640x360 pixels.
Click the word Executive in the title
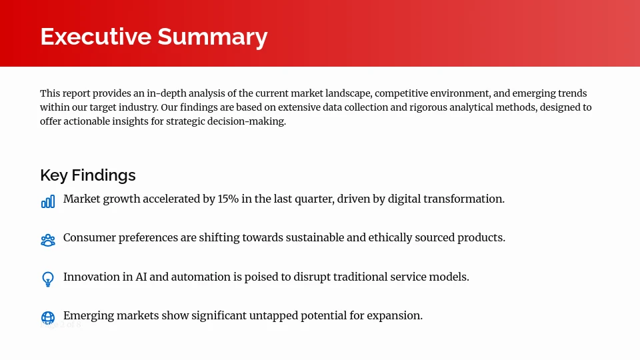95,36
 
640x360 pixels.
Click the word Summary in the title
212,36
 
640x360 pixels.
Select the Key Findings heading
87,175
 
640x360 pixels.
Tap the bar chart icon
48,201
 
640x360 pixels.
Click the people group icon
48,241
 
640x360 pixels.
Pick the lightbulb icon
48,279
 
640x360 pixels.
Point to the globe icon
48,318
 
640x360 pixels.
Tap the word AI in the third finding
141,277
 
